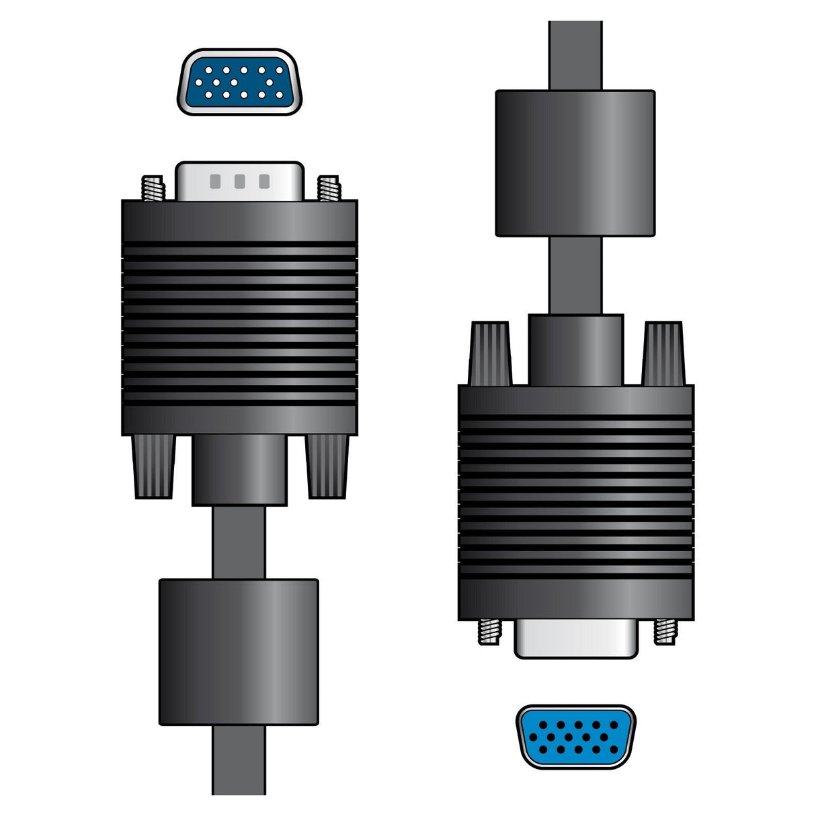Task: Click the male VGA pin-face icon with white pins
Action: (x=239, y=82)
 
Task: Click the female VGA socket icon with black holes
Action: (x=575, y=736)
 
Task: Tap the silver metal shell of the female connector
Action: (x=575, y=639)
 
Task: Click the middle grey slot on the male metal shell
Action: (x=239, y=181)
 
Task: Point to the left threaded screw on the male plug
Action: (x=153, y=188)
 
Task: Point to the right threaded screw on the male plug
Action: (x=329, y=188)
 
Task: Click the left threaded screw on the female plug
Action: (x=490, y=631)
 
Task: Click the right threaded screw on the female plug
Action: (x=665, y=631)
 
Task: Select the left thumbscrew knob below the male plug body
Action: (x=154, y=466)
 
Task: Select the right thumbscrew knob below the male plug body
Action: (x=327, y=466)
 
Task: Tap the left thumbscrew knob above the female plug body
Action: (x=490, y=354)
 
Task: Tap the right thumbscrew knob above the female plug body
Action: (x=663, y=354)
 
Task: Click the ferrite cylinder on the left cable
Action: (x=239, y=652)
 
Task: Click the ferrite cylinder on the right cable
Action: (x=575, y=163)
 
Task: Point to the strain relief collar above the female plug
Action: (x=575, y=350)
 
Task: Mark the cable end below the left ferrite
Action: (x=239, y=760)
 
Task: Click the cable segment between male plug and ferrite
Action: (x=239, y=542)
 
